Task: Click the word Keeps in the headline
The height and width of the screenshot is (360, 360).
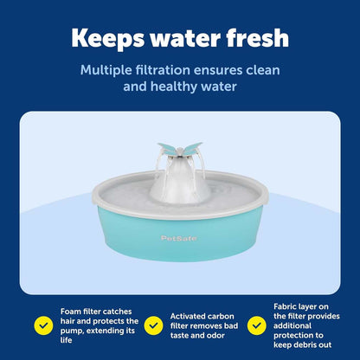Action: point(110,38)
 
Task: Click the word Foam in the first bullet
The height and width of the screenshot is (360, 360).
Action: point(72,310)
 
